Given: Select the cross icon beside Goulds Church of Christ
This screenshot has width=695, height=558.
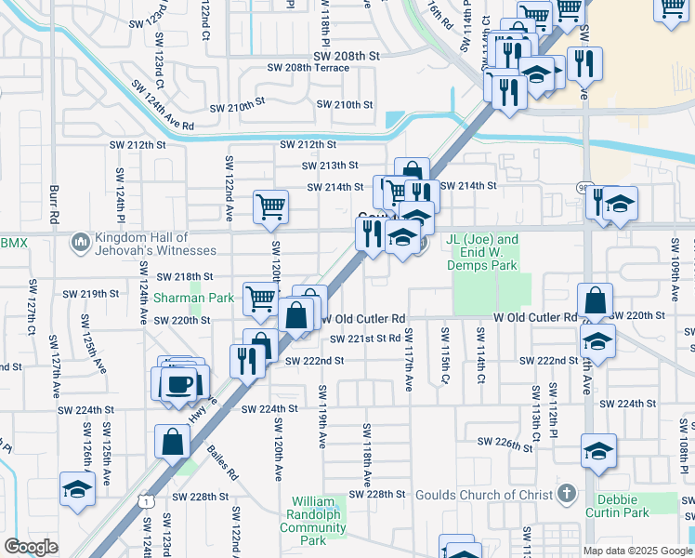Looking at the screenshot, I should tap(567, 493).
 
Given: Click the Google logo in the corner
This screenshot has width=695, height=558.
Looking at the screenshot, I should tap(31, 547).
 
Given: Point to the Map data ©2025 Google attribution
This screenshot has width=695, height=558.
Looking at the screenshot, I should tap(637, 551).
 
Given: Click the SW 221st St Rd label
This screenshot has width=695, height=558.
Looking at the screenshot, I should tap(365, 339).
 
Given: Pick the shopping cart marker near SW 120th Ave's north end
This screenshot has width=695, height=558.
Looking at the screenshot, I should tap(270, 206).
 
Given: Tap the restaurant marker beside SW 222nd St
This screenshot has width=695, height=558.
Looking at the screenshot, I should tap(246, 359).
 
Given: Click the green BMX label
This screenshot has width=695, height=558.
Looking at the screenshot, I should tap(12, 244).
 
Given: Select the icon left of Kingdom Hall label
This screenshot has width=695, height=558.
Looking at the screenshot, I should tap(80, 244).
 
